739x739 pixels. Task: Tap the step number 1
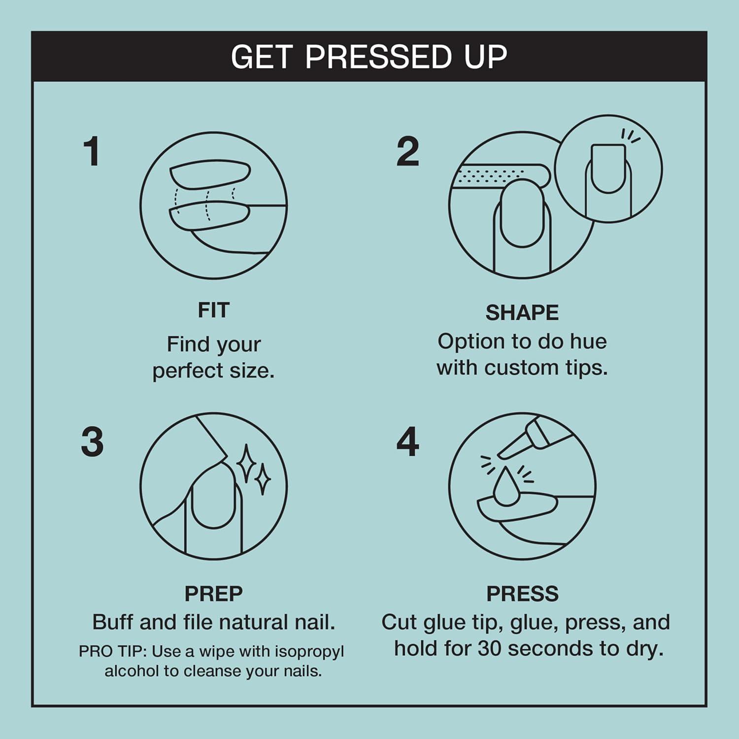(92, 151)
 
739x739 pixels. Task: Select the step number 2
(407, 151)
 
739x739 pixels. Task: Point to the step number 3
(92, 441)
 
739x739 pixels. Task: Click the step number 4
(407, 441)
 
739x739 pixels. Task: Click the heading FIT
(213, 310)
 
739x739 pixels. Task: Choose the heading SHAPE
(522, 313)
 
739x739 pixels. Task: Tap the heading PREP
(213, 594)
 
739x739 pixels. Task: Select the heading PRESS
(522, 594)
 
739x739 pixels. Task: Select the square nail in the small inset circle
(608, 168)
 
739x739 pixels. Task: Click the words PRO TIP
(112, 651)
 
